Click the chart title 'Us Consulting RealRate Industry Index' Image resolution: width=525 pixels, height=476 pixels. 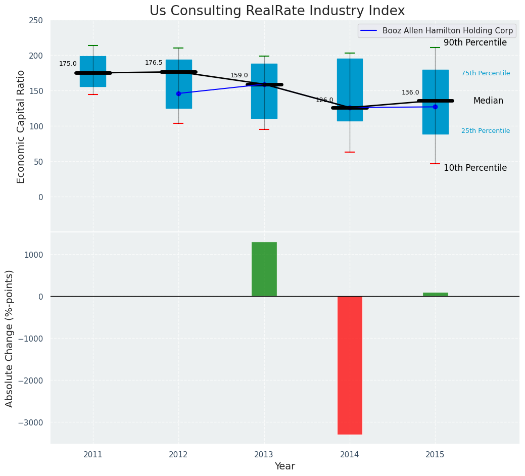pos(277,11)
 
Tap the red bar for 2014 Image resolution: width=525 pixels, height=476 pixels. pos(350,365)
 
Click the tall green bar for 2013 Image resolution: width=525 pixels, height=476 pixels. pos(264,269)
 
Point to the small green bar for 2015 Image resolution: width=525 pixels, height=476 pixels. pos(435,294)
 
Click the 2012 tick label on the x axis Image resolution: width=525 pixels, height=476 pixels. pos(178,455)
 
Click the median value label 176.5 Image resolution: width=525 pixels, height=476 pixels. pos(154,63)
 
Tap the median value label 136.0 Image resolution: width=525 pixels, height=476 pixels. pos(410,92)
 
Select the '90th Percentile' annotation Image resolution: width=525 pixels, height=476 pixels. pos(475,43)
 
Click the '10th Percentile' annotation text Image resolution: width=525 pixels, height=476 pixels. pos(475,168)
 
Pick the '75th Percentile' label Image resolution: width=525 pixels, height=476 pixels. pos(486,73)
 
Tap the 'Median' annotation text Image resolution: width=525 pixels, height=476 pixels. pos(488,101)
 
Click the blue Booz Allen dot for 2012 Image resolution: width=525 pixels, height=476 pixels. pos(178,93)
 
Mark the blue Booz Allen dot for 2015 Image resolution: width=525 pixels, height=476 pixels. pos(435,107)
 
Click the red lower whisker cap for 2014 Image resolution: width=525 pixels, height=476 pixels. pos(350,152)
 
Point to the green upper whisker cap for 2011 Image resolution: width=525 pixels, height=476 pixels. pos(93,45)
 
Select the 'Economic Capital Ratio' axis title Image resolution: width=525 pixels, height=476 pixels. pos(21,126)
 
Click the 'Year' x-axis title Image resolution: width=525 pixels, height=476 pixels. pos(285,466)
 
